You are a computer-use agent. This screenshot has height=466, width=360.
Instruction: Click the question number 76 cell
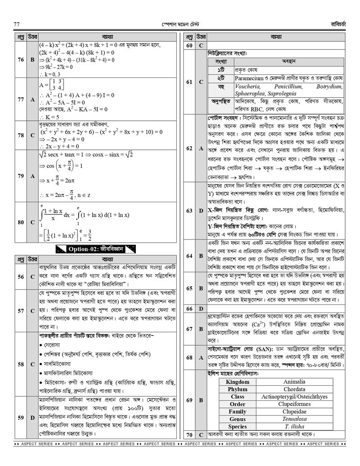pyautogui.click(x=21, y=59)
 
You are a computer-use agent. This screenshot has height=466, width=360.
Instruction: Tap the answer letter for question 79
pyautogui.click(x=32, y=176)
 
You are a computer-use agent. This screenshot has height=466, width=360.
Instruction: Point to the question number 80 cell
pyautogui.click(x=21, y=222)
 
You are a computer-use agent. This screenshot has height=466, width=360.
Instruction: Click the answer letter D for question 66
pyautogui.click(x=201, y=309)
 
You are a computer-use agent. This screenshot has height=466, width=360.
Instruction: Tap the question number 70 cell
pyautogui.click(x=189, y=434)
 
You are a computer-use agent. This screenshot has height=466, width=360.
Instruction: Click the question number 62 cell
pyautogui.click(x=189, y=148)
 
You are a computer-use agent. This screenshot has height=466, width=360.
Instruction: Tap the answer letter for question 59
pyautogui.click(x=32, y=418)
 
